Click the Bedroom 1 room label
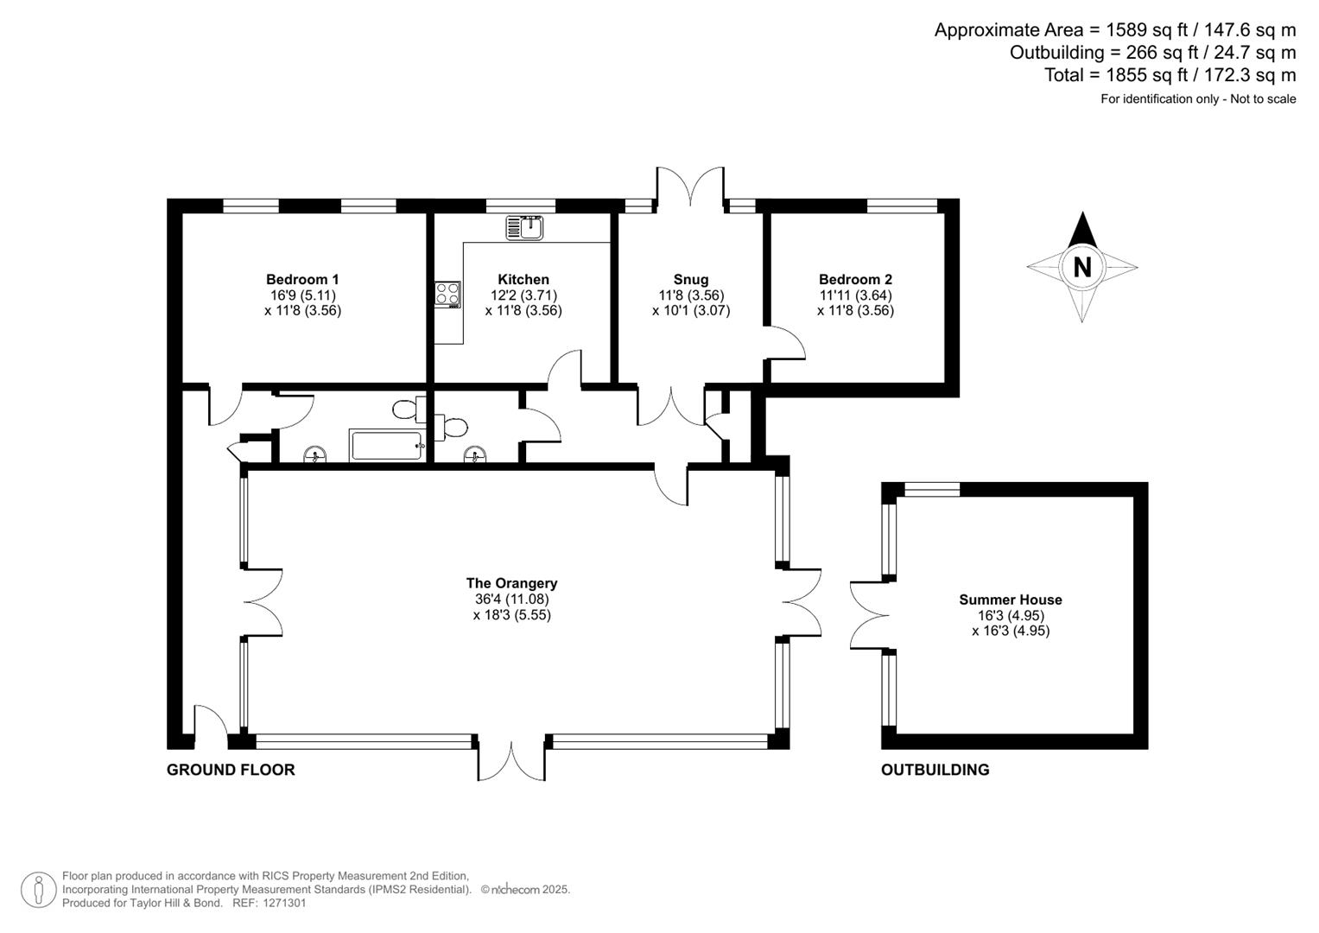(x=302, y=279)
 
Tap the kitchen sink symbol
(x=523, y=227)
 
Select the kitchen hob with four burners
(x=447, y=295)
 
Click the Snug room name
(x=691, y=279)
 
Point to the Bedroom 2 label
(x=855, y=279)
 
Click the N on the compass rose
(x=1081, y=267)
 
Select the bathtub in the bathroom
(x=386, y=446)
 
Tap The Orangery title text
(x=511, y=583)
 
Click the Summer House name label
(x=1010, y=600)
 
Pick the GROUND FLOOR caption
(x=231, y=770)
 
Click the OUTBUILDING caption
(x=935, y=770)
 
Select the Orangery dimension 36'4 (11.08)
(x=511, y=599)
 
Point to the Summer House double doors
(x=869, y=615)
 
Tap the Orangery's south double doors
(x=511, y=759)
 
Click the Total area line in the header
(x=1170, y=75)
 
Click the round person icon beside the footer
(x=38, y=890)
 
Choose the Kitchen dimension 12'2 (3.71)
(x=523, y=295)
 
